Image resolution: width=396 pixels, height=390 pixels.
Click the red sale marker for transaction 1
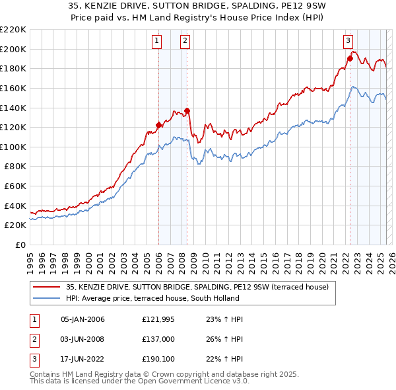[x=158, y=124]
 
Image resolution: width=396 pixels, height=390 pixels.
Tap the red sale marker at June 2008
[x=187, y=110]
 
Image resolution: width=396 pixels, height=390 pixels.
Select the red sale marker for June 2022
[x=350, y=58]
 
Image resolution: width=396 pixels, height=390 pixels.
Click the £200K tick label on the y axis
[x=13, y=49]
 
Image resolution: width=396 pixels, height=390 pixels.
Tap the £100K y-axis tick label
[x=13, y=147]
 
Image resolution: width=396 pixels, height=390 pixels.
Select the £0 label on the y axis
[x=20, y=245]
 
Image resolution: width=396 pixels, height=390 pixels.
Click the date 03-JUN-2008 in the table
[x=82, y=340]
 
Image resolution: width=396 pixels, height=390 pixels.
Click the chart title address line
[x=198, y=7]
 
